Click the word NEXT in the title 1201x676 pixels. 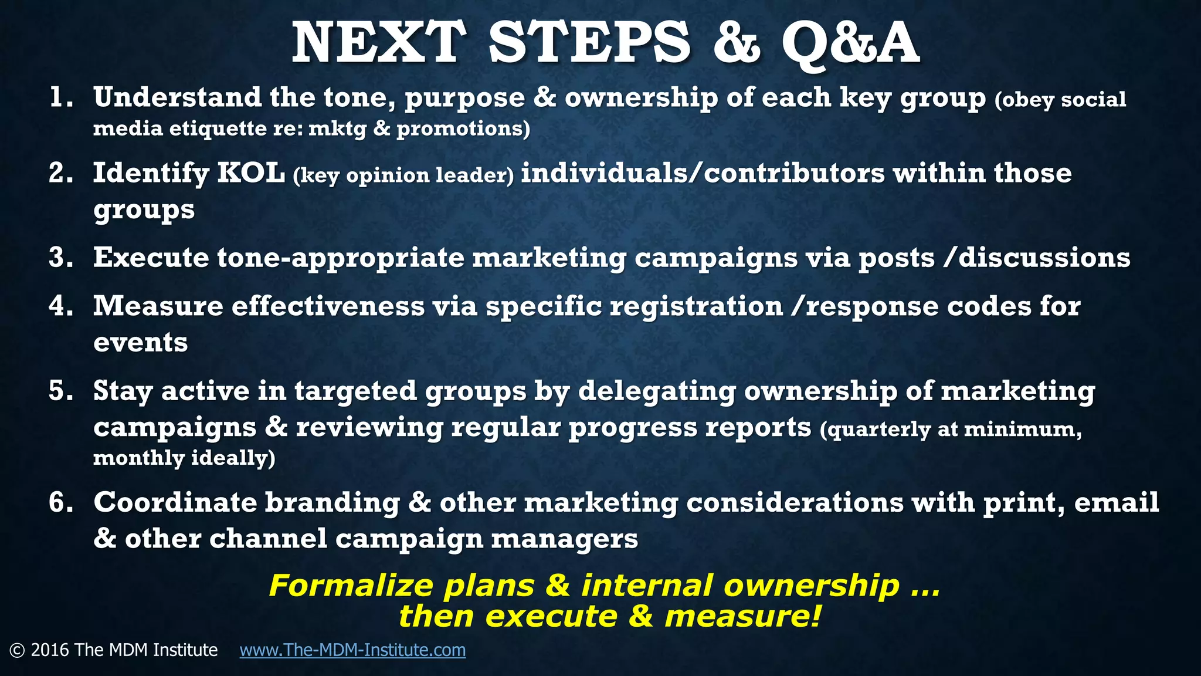(x=378, y=42)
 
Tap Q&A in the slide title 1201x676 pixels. (x=850, y=43)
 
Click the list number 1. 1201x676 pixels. (x=60, y=97)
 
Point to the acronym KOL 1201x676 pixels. (x=251, y=173)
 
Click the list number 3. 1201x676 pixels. (x=60, y=258)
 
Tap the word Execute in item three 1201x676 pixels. (x=151, y=258)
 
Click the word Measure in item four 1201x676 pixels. (x=158, y=306)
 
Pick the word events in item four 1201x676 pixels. (x=141, y=343)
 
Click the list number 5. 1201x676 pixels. (x=60, y=391)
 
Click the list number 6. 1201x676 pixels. (x=60, y=502)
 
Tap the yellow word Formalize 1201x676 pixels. (x=351, y=586)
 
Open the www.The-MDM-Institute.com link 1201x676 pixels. (x=352, y=650)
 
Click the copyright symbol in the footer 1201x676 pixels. (x=17, y=650)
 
